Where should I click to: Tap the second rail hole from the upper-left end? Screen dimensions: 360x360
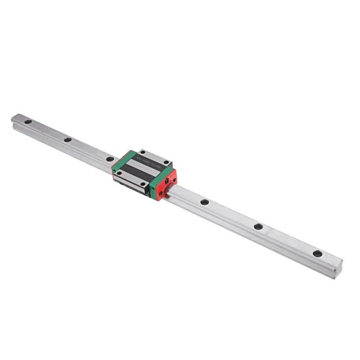[x=67, y=139]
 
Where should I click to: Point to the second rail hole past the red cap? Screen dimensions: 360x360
[x=258, y=226]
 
